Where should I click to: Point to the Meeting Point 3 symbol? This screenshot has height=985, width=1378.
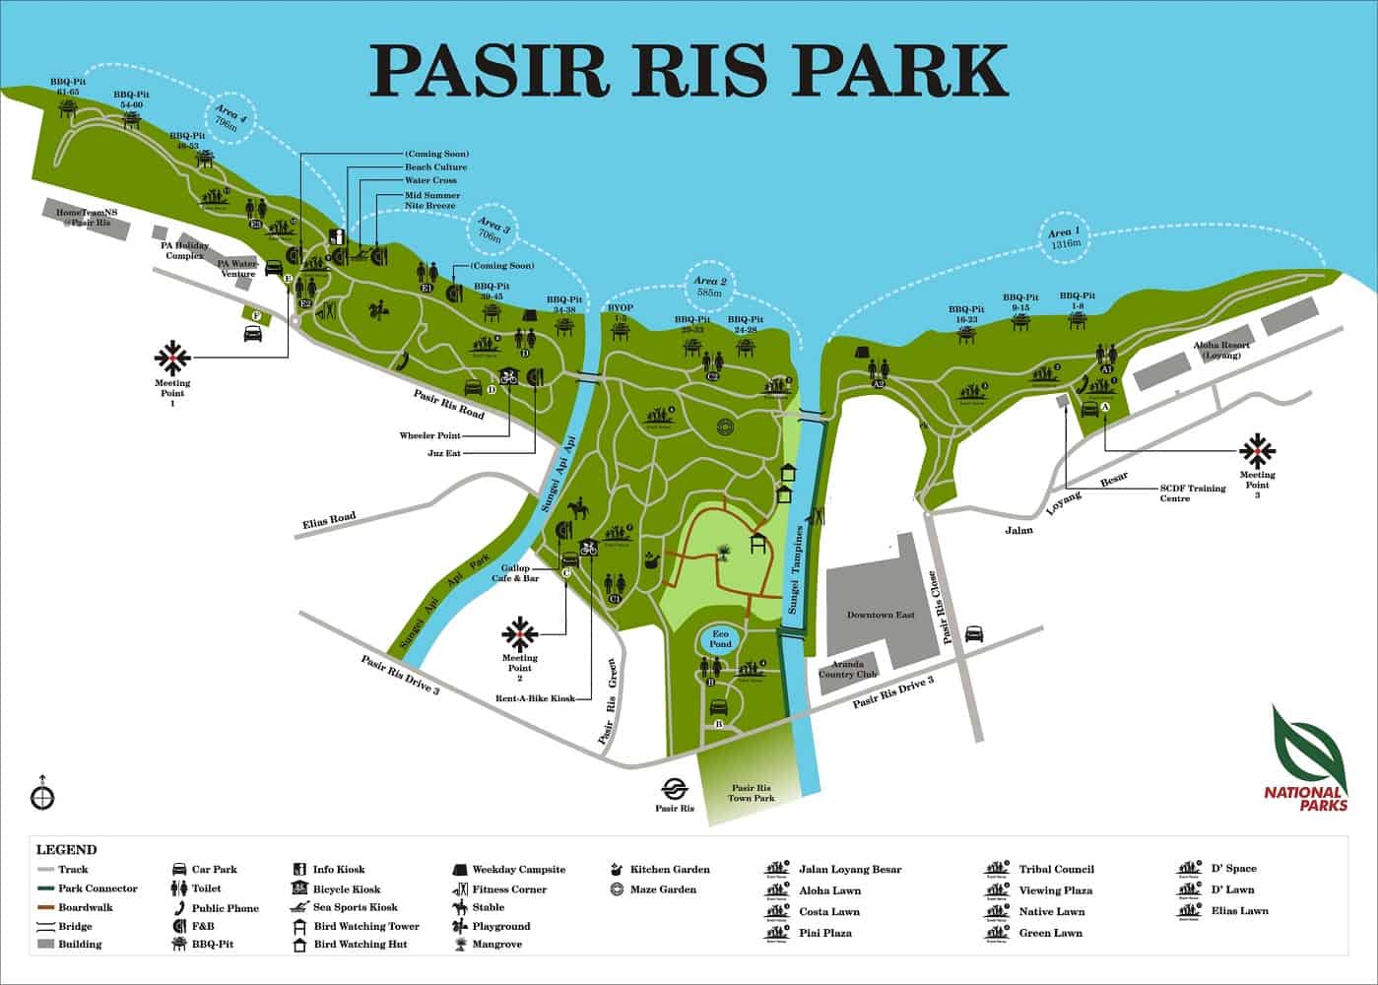coord(1257,451)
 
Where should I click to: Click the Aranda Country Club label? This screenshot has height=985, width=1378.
coord(846,670)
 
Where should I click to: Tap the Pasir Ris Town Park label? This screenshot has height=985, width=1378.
coord(751,793)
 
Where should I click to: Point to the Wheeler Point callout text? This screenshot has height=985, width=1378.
coord(429,434)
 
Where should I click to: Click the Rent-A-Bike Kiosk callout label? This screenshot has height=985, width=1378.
coord(535,698)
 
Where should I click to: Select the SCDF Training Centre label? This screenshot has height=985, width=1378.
coord(1193,493)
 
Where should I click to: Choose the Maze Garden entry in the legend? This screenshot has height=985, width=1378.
coord(662,889)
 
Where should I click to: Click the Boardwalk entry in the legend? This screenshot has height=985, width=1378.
coord(85,907)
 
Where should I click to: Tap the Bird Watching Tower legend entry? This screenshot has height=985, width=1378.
coord(365,926)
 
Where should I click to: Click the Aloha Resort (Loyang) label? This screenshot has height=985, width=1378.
coord(1221,350)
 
